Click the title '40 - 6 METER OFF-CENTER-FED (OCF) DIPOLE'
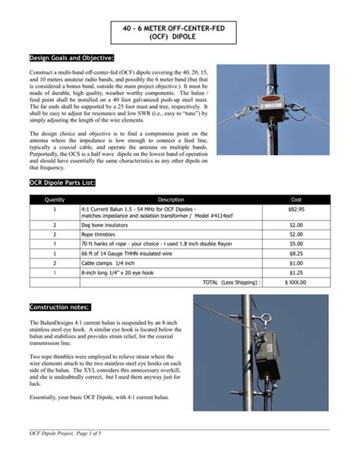[179, 30]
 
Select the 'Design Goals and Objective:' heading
[71, 59]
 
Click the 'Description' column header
[171, 199]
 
